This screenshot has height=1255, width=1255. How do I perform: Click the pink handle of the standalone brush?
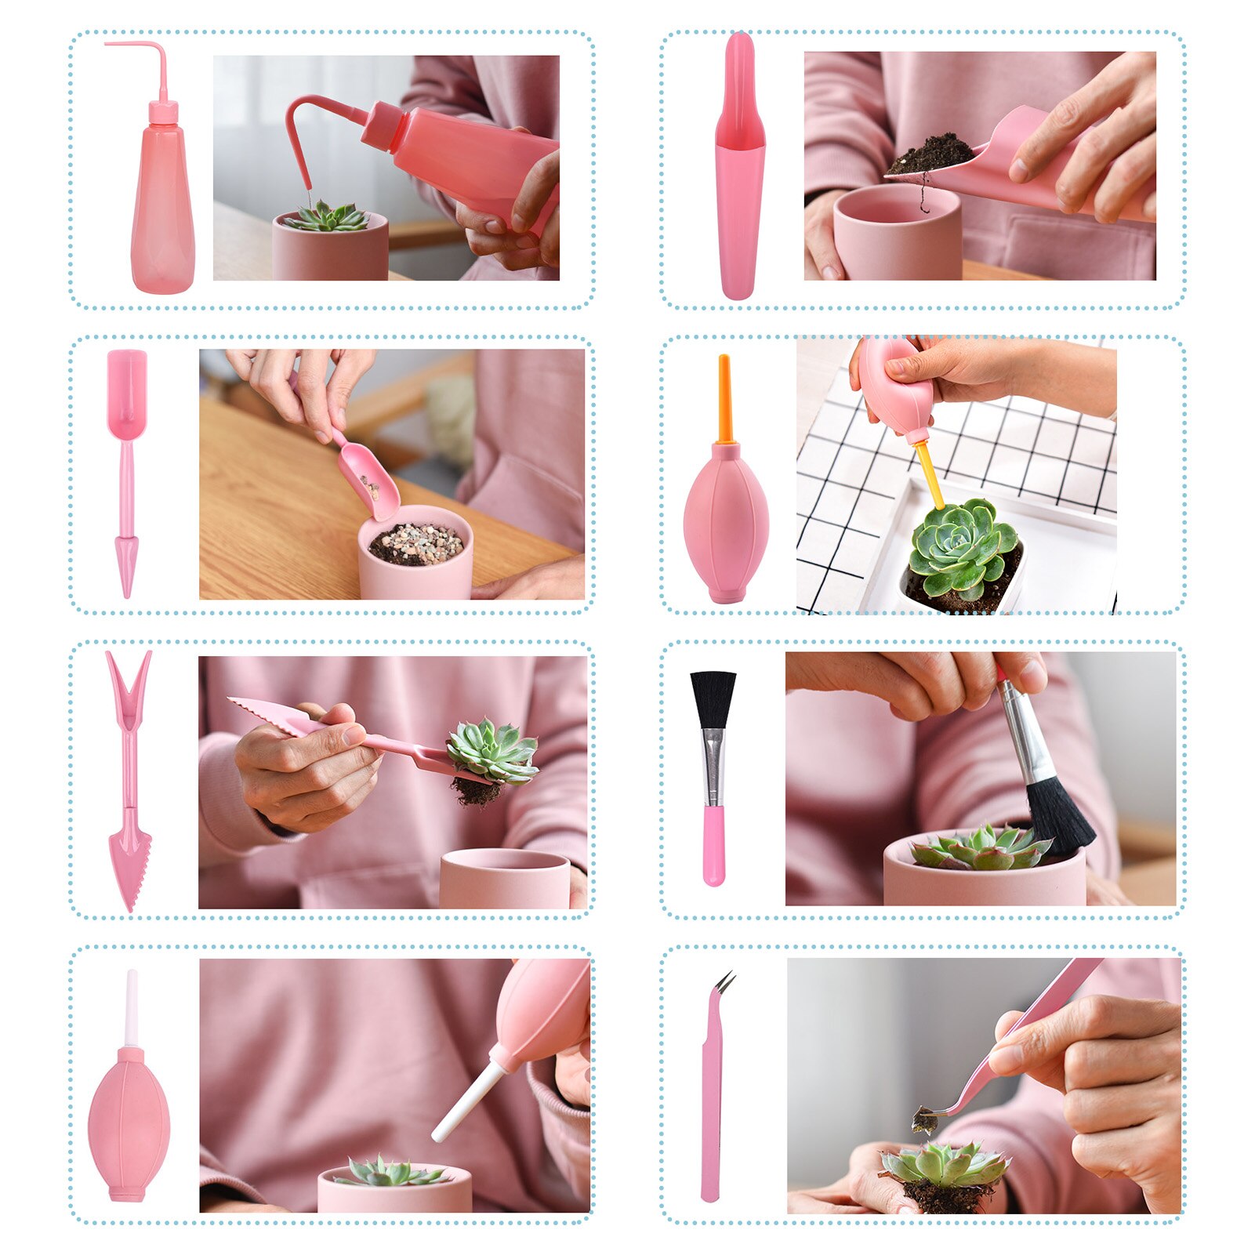[x=713, y=847]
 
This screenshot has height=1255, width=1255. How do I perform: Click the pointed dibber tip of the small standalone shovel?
[x=125, y=564]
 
